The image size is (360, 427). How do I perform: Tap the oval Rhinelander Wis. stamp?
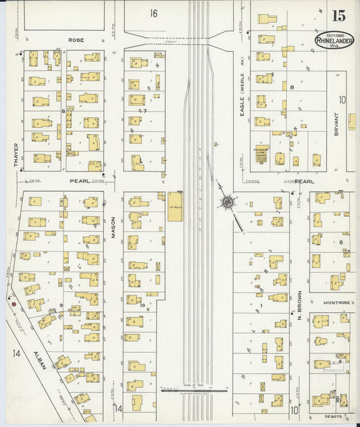(334, 40)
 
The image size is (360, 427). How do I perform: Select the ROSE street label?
(76, 41)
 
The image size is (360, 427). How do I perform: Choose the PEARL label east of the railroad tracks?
(305, 181)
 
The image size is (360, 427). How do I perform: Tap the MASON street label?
(114, 226)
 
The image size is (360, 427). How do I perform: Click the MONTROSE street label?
(337, 303)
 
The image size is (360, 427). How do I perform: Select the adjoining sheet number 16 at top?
(154, 13)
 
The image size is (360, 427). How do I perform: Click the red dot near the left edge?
(14, 304)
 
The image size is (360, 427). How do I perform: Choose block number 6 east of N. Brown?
(342, 241)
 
